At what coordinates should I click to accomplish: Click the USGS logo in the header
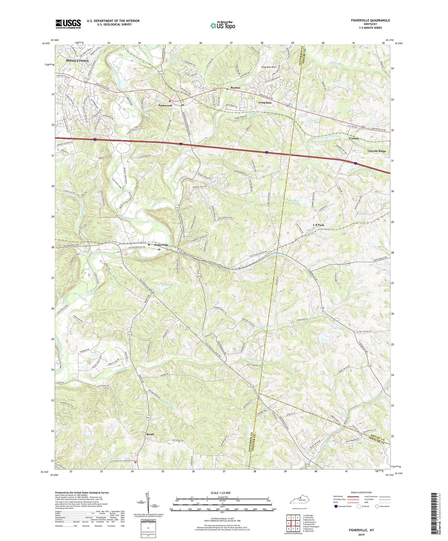(x=68, y=24)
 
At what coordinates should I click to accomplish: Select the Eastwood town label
(x=165, y=106)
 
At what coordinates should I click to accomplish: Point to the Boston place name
(x=235, y=88)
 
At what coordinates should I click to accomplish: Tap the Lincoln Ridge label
(x=376, y=151)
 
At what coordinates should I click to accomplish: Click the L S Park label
(x=318, y=225)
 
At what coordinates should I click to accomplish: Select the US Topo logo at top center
(x=223, y=25)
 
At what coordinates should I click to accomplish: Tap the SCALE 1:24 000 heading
(x=223, y=493)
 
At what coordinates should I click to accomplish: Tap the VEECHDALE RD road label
(x=379, y=257)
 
